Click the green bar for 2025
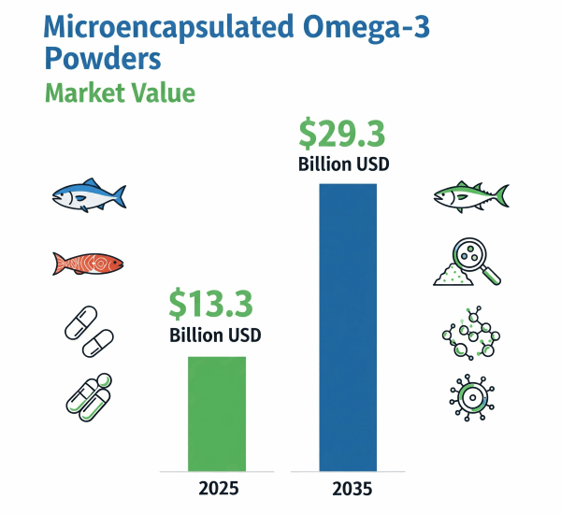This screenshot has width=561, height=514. click(218, 413)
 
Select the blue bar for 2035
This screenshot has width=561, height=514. click(348, 327)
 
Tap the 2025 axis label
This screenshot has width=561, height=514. click(219, 488)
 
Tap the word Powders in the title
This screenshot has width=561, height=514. click(102, 59)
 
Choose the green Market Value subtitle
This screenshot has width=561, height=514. click(120, 93)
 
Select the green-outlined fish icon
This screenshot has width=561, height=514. click(470, 195)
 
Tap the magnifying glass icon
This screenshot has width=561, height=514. click(467, 263)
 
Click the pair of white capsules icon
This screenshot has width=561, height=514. click(87, 332)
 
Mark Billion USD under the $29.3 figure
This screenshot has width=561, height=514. click(343, 165)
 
